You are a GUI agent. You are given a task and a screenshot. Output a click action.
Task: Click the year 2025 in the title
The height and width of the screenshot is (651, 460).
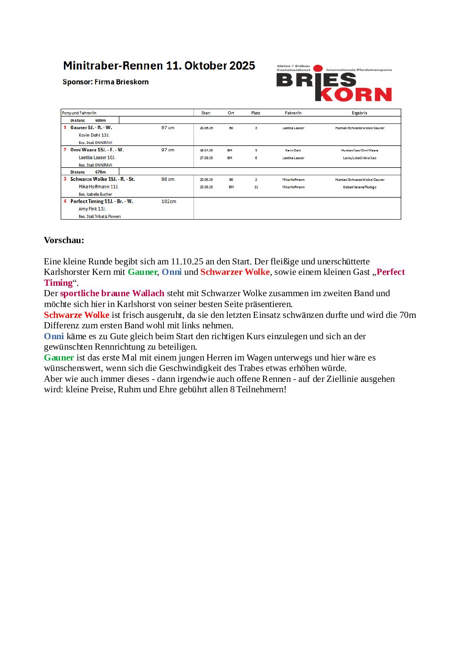(242, 66)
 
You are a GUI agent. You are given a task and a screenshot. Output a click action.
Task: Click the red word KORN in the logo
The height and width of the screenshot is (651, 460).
(356, 94)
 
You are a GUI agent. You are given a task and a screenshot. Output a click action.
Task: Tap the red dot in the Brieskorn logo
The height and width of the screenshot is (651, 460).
(318, 68)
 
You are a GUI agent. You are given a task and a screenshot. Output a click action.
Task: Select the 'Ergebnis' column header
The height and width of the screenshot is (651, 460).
(359, 113)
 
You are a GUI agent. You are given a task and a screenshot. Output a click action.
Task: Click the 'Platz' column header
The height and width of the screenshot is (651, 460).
(256, 113)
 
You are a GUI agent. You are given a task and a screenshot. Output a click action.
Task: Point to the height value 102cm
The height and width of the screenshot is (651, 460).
(169, 202)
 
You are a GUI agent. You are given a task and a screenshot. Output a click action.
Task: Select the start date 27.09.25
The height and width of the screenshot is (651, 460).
(206, 158)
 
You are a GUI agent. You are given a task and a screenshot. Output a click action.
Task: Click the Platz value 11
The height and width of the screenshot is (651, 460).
(256, 187)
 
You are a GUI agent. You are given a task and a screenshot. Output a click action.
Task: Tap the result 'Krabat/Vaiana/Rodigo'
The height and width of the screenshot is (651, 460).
(360, 187)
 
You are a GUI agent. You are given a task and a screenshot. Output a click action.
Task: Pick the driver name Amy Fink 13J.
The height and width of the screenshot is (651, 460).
(92, 209)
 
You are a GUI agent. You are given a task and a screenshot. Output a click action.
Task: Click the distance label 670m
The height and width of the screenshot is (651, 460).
(100, 172)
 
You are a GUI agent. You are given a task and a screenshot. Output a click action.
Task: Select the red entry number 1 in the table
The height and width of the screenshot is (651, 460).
(65, 127)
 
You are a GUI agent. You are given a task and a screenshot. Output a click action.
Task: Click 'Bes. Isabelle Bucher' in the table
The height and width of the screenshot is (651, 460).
(95, 194)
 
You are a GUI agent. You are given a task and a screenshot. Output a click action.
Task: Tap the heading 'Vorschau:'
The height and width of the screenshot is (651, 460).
(64, 240)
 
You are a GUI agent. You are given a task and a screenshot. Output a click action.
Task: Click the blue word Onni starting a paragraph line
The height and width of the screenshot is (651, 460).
(54, 336)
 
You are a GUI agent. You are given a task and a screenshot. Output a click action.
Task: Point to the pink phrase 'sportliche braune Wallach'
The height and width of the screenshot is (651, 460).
(112, 293)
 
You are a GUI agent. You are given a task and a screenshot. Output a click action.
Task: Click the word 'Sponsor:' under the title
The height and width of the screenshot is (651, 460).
(77, 82)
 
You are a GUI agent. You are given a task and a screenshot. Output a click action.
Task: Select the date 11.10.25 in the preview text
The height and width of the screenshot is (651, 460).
(187, 261)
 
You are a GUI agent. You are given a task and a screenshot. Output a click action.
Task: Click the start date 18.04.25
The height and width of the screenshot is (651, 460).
(206, 150)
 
